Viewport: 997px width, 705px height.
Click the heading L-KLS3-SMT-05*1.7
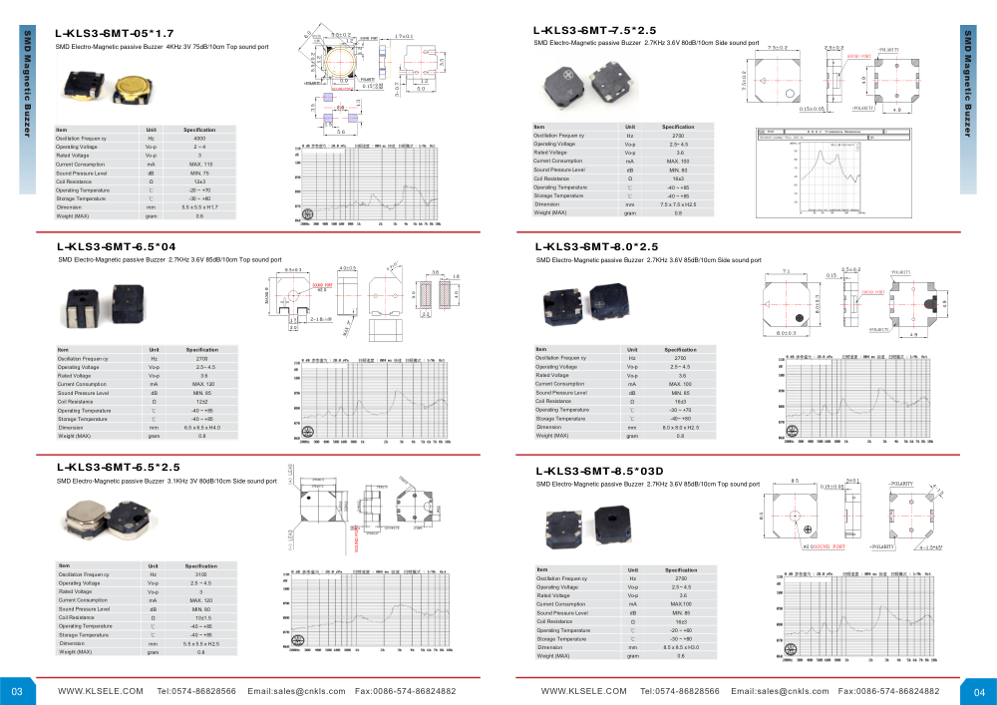pyautogui.click(x=116, y=33)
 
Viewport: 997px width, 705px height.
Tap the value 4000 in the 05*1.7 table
pyautogui.click(x=199, y=139)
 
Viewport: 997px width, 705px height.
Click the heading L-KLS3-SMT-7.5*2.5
pyautogui.click(x=595, y=31)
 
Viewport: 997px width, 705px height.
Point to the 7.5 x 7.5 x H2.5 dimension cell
pyautogui.click(x=678, y=204)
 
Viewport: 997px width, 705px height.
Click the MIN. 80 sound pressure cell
pyautogui.click(x=678, y=170)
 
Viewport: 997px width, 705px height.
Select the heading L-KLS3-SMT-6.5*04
pyautogui.click(x=118, y=246)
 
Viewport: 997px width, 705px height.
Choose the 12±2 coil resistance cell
pyautogui.click(x=202, y=401)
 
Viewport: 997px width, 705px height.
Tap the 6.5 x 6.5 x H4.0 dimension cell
pyautogui.click(x=202, y=428)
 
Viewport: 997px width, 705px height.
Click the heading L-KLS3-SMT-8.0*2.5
pyautogui.click(x=597, y=247)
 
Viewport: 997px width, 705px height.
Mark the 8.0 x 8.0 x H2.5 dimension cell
pyautogui.click(x=681, y=427)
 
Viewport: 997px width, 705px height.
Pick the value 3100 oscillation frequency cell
pyautogui.click(x=202, y=575)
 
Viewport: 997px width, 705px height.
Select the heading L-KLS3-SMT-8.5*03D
pyautogui.click(x=599, y=470)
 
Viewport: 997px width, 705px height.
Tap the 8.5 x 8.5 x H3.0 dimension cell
pyautogui.click(x=681, y=647)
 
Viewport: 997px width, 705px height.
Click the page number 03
pyautogui.click(x=17, y=690)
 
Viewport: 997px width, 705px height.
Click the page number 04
pyautogui.click(x=979, y=690)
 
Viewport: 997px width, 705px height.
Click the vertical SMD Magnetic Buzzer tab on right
pyautogui.click(x=967, y=85)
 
